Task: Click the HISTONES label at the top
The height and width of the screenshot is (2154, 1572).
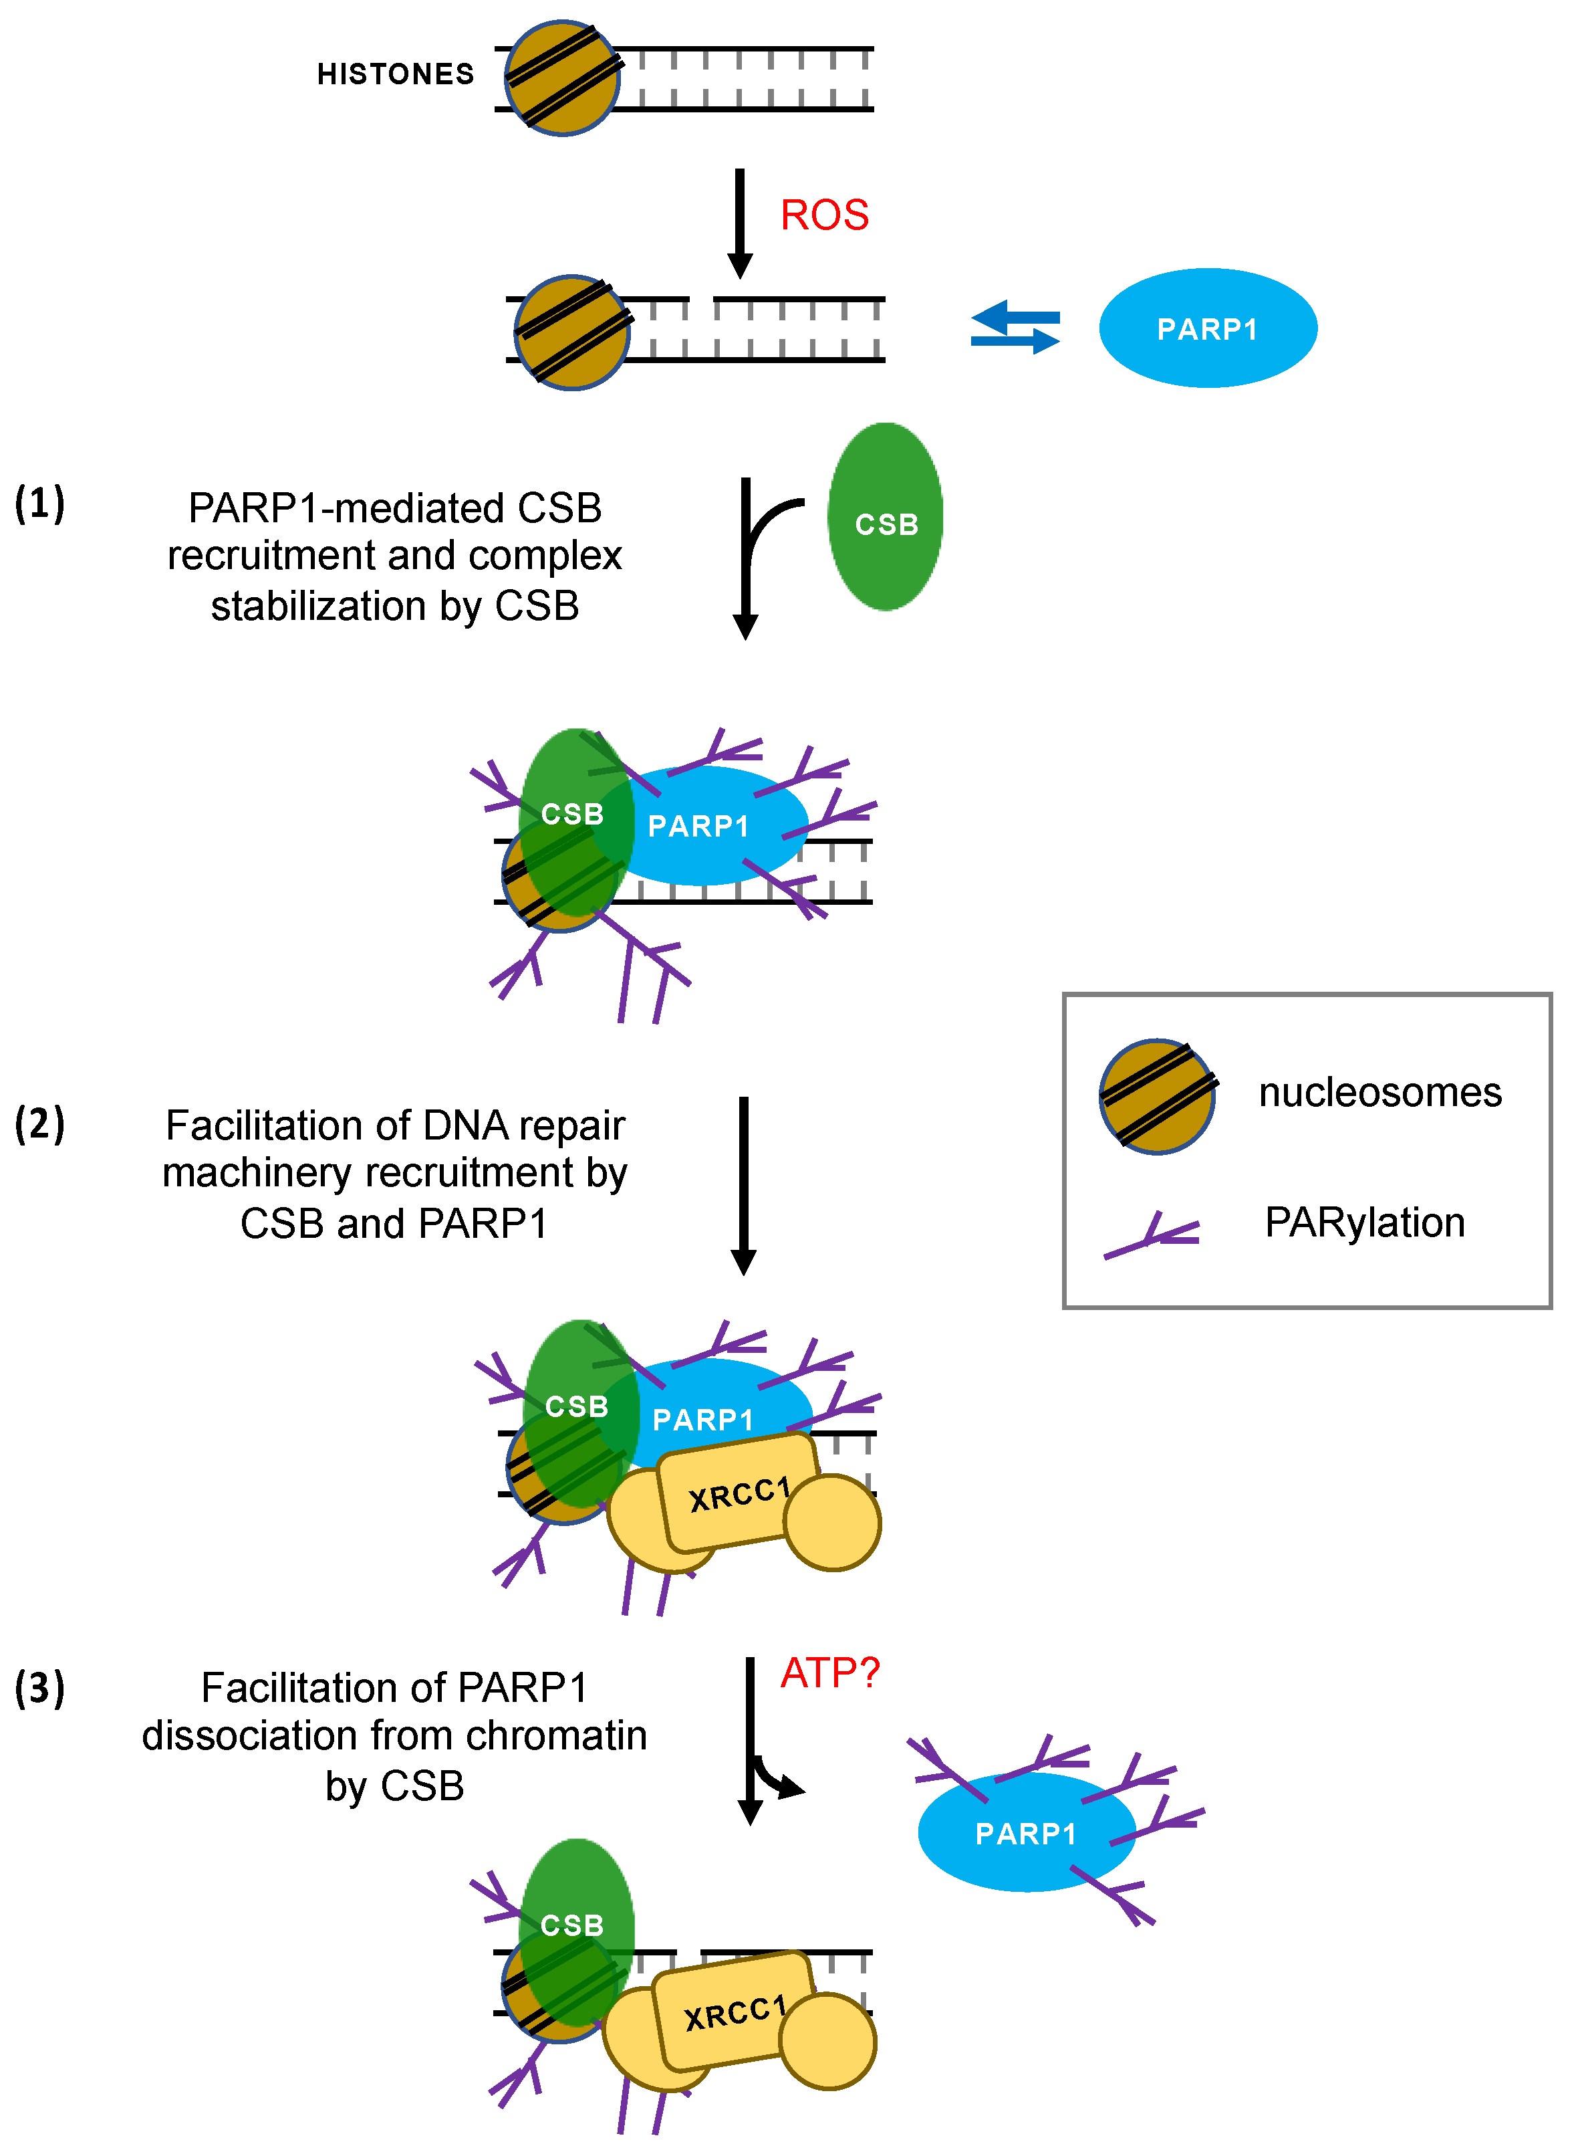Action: (x=395, y=74)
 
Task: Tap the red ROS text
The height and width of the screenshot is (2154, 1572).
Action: (x=824, y=215)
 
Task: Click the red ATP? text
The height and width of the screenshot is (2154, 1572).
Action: (x=829, y=1673)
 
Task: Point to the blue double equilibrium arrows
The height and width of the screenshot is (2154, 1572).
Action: (x=1015, y=328)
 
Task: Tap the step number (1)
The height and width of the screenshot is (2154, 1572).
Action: (x=40, y=504)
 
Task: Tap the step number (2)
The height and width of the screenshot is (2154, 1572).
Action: (x=40, y=1123)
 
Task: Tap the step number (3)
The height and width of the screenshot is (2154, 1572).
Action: (x=40, y=1688)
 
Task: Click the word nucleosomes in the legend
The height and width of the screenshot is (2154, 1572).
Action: (x=1380, y=1093)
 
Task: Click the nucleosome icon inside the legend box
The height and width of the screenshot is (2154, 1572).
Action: (x=1156, y=1097)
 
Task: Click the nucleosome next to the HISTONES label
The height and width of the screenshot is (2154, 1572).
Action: (x=561, y=78)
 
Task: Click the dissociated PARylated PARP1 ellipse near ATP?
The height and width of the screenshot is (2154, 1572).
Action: (x=1026, y=1832)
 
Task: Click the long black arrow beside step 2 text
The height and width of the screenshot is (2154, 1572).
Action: (x=743, y=1185)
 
